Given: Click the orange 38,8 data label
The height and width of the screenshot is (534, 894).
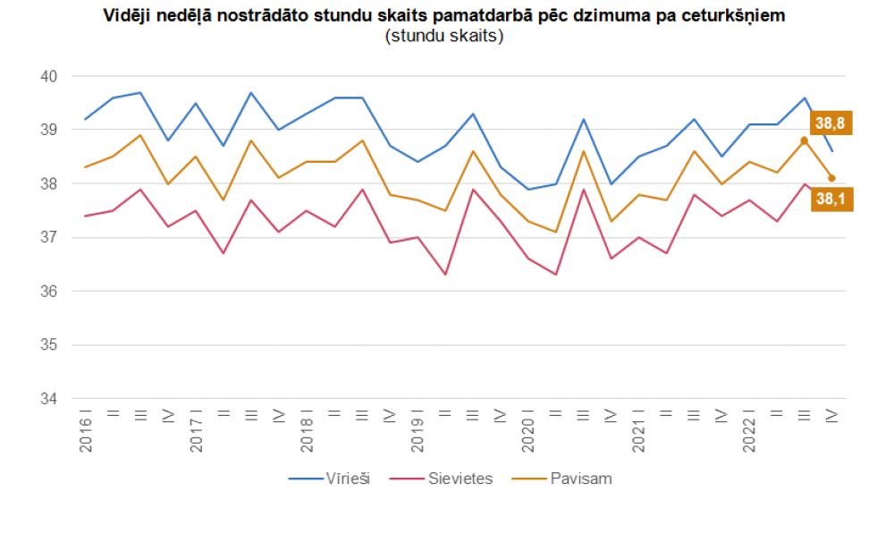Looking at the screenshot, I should [831, 123].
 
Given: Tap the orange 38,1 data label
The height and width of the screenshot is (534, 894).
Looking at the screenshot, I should [831, 199].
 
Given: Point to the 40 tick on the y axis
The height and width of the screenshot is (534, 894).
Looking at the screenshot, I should [49, 77].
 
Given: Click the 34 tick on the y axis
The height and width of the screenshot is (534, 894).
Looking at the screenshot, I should [49, 399].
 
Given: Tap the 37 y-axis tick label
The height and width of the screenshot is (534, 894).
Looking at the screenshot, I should [49, 238].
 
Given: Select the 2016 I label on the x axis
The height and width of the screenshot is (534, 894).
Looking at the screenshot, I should [86, 431].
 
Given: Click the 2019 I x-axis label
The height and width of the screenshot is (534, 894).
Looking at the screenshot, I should [417, 431].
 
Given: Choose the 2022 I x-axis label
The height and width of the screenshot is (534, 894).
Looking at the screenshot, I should [750, 431].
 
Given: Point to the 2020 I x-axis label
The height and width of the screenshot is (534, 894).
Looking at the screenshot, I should [528, 431].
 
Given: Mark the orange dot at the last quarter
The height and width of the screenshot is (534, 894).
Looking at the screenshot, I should [831, 178].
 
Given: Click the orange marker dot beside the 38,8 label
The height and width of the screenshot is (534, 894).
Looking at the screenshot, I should [804, 140].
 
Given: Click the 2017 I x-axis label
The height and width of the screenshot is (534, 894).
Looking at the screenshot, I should [197, 431].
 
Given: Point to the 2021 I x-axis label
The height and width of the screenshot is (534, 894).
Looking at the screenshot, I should [639, 431].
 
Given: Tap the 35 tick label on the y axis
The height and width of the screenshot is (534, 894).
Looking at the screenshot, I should [49, 345].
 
